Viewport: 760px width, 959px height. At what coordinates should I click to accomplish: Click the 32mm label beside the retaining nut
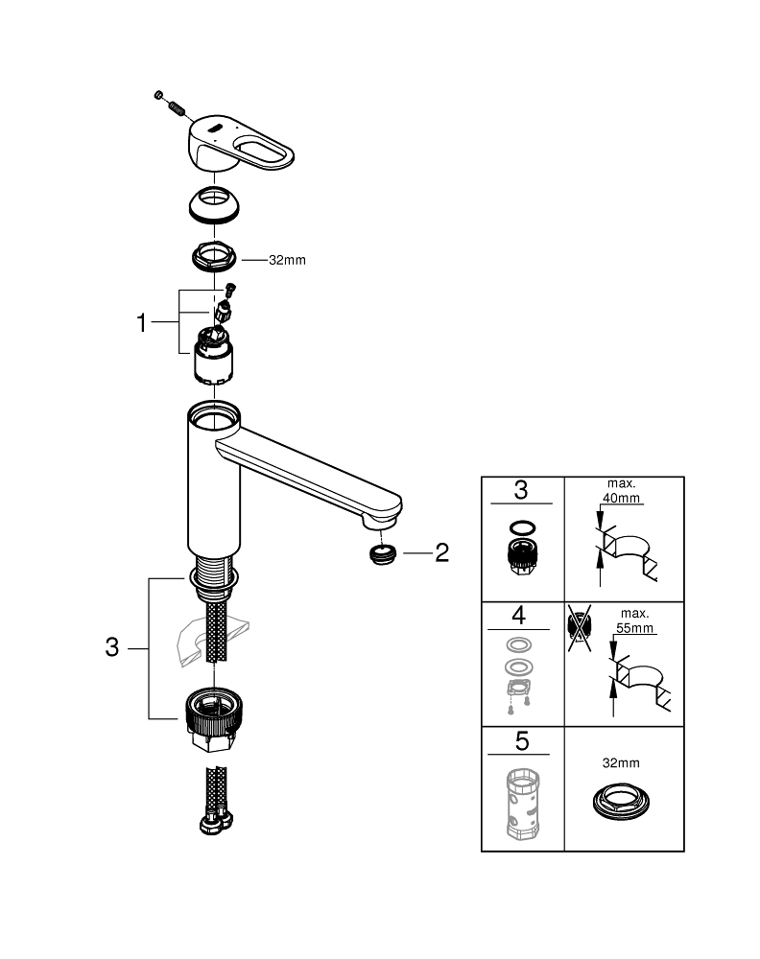(x=287, y=260)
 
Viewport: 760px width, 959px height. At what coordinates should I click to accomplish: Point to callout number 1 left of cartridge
(x=143, y=324)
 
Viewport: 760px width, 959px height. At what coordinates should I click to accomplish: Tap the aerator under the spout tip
(x=383, y=554)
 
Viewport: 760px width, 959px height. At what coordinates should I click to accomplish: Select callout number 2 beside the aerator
(x=441, y=553)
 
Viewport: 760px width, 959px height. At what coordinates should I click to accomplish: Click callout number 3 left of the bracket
(x=112, y=648)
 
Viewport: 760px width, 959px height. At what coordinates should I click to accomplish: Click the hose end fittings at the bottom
(x=215, y=819)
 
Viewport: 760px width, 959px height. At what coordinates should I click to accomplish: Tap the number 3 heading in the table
(x=520, y=491)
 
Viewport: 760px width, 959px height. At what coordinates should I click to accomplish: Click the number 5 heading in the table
(x=520, y=740)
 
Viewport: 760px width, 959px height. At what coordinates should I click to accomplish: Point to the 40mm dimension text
(x=623, y=499)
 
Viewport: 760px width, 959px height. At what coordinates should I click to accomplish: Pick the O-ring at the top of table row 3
(x=520, y=526)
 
